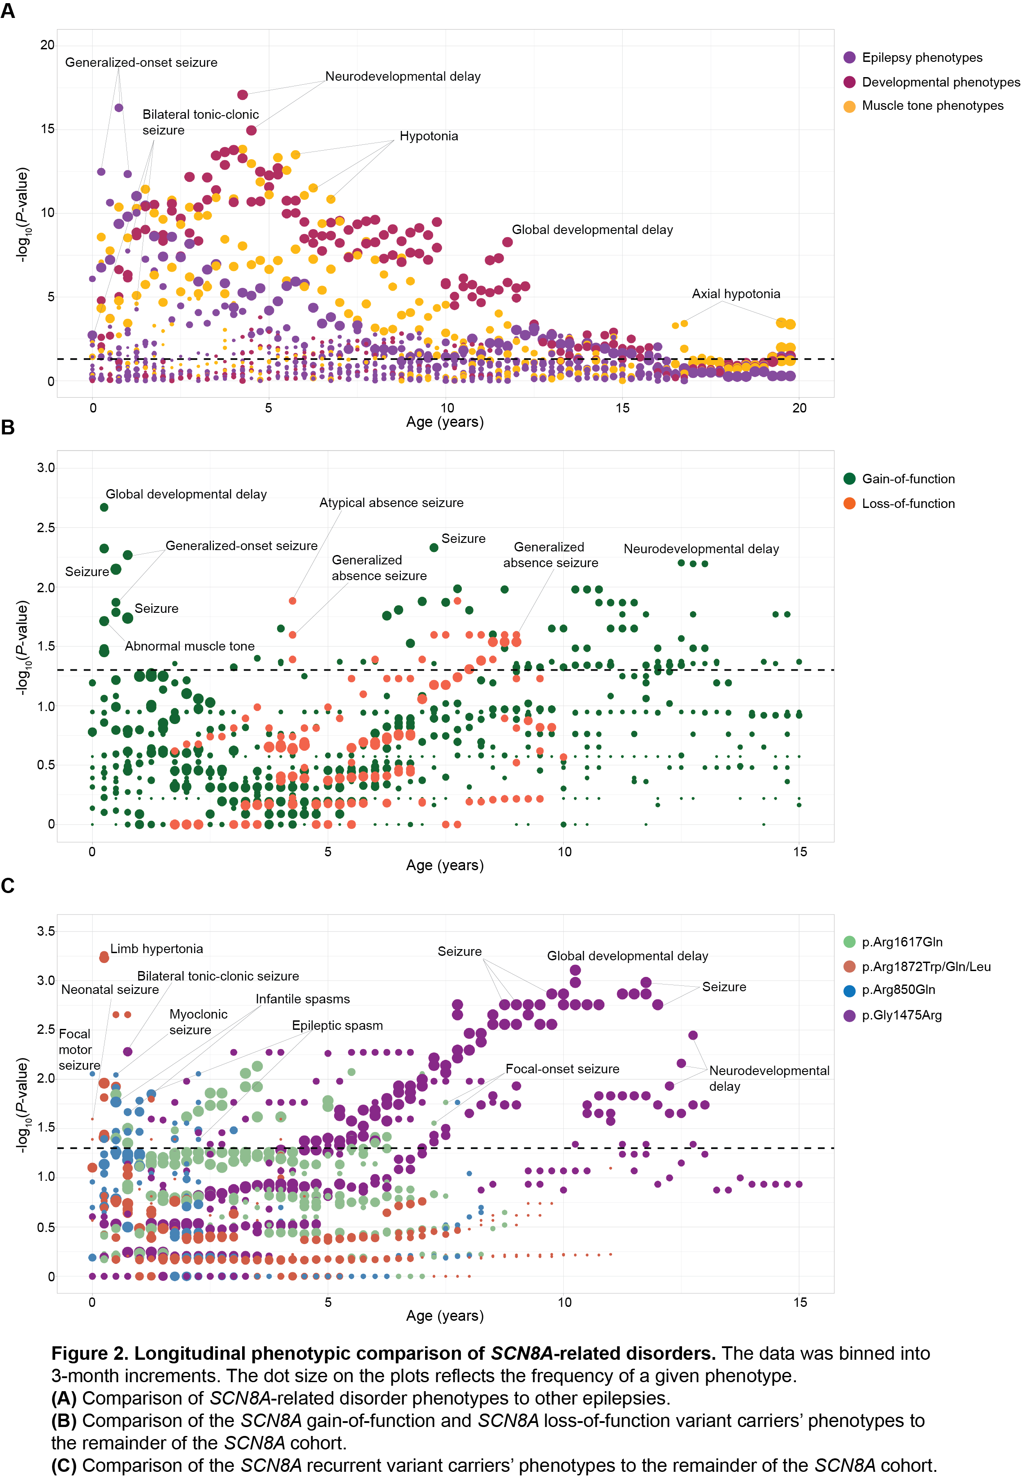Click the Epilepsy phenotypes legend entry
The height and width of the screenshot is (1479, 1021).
click(x=921, y=57)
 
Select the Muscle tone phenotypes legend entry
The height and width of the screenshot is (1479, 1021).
click(x=932, y=105)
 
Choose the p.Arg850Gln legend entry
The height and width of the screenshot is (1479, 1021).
click(x=898, y=990)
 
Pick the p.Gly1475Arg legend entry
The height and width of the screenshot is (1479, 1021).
click(x=901, y=1015)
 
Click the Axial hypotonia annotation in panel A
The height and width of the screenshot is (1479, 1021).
click(x=736, y=294)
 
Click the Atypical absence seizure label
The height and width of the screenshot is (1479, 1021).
click(x=391, y=503)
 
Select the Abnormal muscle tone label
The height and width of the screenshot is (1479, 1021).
click(x=189, y=646)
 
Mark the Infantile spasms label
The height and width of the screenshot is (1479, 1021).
click(x=303, y=999)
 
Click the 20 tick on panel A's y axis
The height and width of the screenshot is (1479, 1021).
click(x=48, y=45)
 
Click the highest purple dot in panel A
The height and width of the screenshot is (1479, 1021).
click(x=118, y=108)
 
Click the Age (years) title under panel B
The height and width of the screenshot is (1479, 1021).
click(x=445, y=865)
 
